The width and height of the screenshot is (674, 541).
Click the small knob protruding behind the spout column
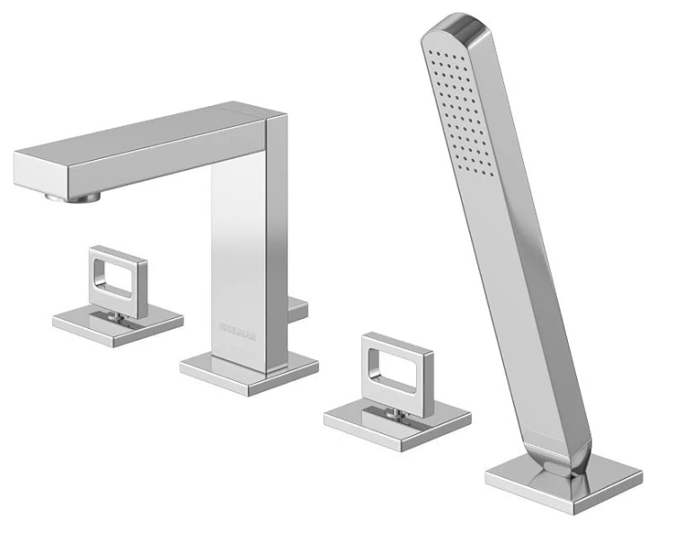298,309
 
